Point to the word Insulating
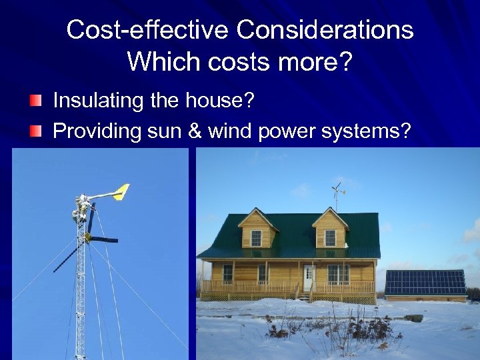click(97, 101)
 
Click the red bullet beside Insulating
click(35, 101)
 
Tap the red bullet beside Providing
click(35, 131)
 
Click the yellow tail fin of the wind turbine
click(121, 192)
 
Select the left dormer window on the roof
click(256, 237)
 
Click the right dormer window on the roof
click(330, 237)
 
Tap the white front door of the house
click(308, 276)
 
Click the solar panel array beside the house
click(425, 282)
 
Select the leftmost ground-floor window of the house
click(227, 273)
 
